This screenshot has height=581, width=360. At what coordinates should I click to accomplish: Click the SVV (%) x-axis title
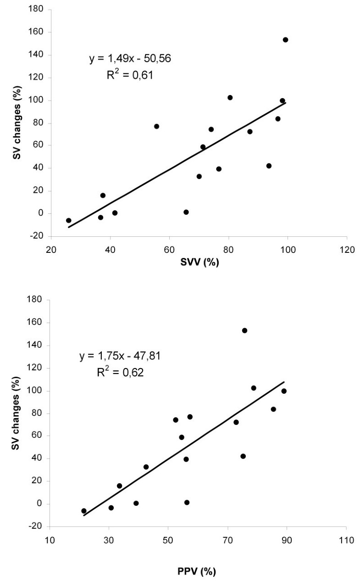pyautogui.click(x=199, y=267)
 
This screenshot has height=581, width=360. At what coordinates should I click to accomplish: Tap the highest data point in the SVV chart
pyautogui.click(x=285, y=40)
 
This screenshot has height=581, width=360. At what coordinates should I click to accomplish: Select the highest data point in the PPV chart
pyautogui.click(x=244, y=330)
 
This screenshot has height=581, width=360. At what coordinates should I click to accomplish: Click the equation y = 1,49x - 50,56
pyautogui.click(x=123, y=59)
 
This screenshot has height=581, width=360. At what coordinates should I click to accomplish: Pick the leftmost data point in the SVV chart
pyautogui.click(x=69, y=220)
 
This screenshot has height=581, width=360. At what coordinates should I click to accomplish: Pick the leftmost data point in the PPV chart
pyautogui.click(x=84, y=511)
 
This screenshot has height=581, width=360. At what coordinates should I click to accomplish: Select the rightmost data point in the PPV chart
pyautogui.click(x=284, y=391)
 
